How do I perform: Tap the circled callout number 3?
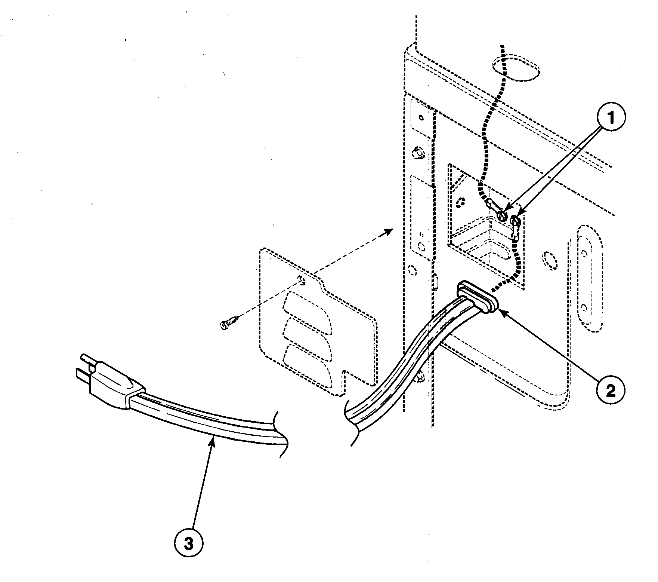coord(189,544)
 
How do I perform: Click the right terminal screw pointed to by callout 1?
coord(517,221)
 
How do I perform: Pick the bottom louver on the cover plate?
coord(307,361)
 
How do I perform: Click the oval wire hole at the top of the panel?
coord(516,69)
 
